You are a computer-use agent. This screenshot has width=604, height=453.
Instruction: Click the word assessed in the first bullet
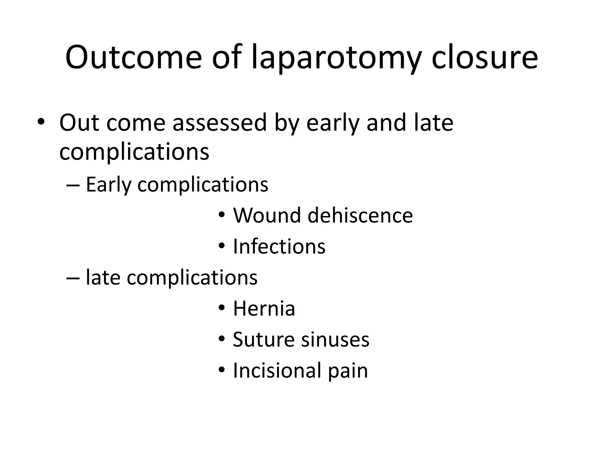pos(219,123)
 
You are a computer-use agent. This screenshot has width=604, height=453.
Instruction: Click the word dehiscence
pos(360,215)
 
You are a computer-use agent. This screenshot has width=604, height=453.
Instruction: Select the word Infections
pos(279,246)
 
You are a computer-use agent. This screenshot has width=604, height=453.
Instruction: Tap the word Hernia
pos(264,308)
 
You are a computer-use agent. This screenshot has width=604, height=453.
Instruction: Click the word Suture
pos(263,339)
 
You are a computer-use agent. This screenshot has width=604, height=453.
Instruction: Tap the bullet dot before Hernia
pos(222,308)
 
